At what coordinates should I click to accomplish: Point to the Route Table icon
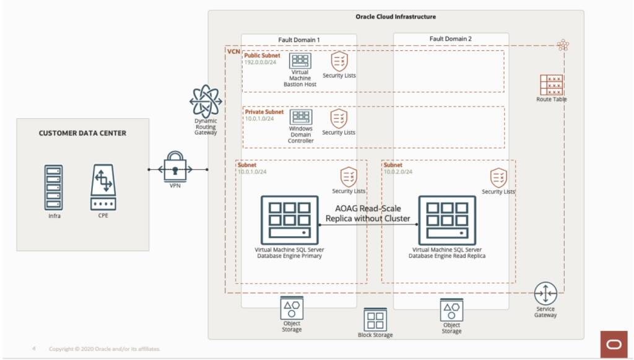[551, 85]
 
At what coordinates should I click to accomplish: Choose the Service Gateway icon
[545, 293]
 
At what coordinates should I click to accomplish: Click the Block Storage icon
[375, 320]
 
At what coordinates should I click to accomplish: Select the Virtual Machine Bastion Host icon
[300, 61]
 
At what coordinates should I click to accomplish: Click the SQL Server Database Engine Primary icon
[289, 221]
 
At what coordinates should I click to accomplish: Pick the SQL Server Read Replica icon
[447, 221]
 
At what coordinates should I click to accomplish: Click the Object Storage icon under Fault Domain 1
[292, 308]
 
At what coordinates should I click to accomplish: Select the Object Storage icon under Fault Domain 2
[452, 309]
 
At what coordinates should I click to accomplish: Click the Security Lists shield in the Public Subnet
[339, 61]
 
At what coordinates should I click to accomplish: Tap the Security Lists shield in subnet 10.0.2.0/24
[499, 178]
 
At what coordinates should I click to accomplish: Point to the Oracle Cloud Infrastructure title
[396, 17]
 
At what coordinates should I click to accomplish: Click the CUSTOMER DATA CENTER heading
[82, 133]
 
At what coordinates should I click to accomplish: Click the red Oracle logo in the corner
[614, 345]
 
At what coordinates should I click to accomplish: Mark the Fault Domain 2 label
[451, 39]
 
